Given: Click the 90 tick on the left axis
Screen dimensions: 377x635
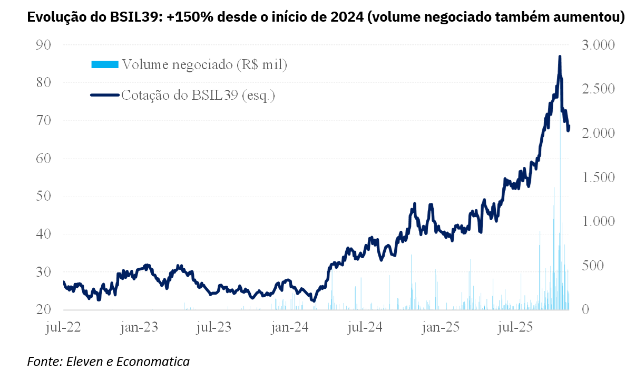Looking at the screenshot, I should click(x=43, y=45).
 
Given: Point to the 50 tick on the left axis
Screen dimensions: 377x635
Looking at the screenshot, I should click(x=43, y=196).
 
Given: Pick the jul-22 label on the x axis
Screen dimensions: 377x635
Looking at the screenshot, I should click(x=63, y=327).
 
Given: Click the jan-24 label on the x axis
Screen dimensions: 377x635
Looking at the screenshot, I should click(x=289, y=327).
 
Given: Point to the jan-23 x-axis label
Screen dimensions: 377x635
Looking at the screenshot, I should click(x=139, y=327).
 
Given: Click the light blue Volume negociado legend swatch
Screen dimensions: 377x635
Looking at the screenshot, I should click(x=105, y=65).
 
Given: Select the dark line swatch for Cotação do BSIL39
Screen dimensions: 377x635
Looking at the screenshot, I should click(x=105, y=96).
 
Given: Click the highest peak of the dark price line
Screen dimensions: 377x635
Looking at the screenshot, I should click(x=560, y=56).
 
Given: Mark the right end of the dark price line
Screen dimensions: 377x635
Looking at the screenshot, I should click(x=569, y=126).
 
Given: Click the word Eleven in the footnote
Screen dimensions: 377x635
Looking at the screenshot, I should click(x=84, y=362).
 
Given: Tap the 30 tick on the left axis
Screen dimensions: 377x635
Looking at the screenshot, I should click(x=43, y=272).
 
